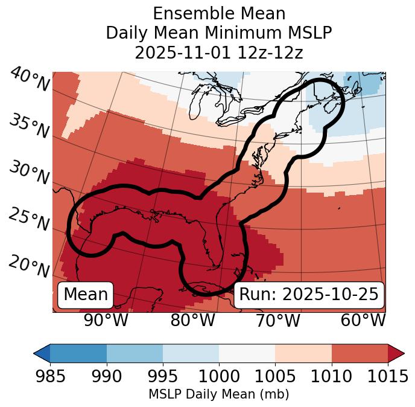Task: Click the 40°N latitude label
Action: coord(29,80)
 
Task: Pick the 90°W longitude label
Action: coord(106,321)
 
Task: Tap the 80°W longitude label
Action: coord(192,321)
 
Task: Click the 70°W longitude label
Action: coord(278,321)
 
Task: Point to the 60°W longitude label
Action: coord(363,321)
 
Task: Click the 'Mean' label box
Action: coord(86,295)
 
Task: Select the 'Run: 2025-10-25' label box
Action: coord(309,295)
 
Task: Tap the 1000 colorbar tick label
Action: coord(219,376)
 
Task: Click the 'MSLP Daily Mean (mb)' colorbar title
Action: coord(219,395)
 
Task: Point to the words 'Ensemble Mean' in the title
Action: coord(219,13)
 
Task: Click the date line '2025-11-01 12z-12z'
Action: coord(219,53)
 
